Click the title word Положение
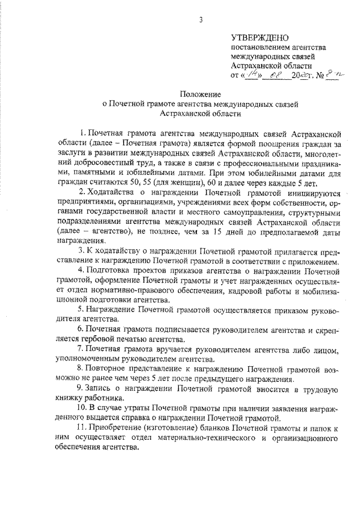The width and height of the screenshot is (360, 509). (x=200, y=93)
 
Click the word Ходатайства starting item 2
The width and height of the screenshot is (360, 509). (x=111, y=193)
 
